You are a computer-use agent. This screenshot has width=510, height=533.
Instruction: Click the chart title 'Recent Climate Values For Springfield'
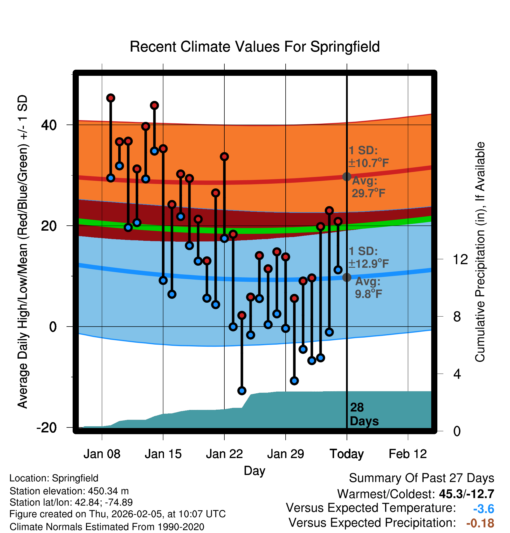point(255,47)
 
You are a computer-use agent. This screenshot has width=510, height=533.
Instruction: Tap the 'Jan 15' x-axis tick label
point(163,454)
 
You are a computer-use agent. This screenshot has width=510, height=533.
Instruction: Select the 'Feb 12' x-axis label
point(408,454)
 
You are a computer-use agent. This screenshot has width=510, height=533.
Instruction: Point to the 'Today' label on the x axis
point(347,454)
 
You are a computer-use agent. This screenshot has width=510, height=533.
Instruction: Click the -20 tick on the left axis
point(47,428)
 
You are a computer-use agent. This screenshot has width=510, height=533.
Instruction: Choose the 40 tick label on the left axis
point(49,125)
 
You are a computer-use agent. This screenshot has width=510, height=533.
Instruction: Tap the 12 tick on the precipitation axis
point(460,259)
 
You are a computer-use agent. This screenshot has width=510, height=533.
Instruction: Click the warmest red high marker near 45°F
point(111,98)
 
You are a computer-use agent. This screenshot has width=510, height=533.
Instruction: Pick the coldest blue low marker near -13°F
point(242,391)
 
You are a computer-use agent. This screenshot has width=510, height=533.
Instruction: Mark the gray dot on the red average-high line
point(347,176)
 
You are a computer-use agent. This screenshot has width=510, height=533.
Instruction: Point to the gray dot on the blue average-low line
point(347,277)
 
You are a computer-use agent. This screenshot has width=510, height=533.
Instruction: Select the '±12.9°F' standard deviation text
point(369,264)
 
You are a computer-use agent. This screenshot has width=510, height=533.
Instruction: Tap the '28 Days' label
point(364,414)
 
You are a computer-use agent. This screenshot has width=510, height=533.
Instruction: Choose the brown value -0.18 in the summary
point(480,523)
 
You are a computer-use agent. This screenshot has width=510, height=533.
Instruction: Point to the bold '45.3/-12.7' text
point(467,494)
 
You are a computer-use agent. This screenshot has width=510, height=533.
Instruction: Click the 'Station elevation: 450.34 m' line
point(69,491)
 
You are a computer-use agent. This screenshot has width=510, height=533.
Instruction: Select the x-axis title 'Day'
point(254,471)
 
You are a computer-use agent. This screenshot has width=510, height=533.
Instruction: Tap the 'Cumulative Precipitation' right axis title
point(480,252)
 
